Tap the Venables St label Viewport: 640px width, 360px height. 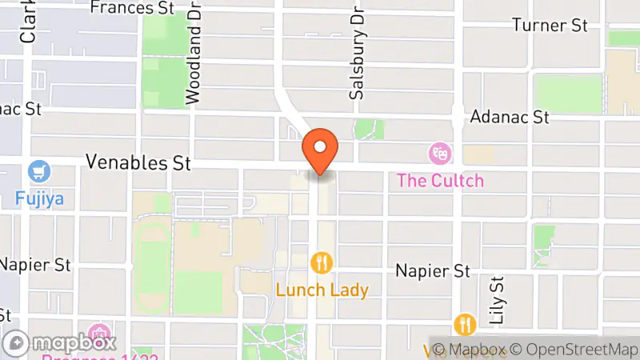pos(138,163)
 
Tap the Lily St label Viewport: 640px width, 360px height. pos(498,300)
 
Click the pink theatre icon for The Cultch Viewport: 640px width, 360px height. pos(438,152)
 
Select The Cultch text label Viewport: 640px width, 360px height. pos(441,180)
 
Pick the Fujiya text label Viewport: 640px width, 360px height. pos(38,197)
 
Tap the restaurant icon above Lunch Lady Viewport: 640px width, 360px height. pos(322,262)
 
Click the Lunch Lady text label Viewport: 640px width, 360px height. pos(322,289)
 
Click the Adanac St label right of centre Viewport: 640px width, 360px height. pos(510,117)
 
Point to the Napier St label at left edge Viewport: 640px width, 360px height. pos(36,263)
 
